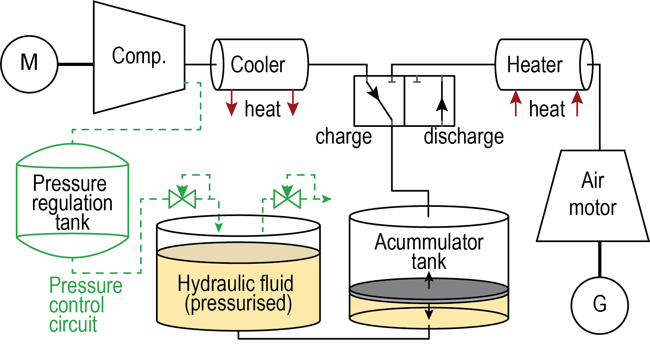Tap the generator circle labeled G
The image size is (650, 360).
(600, 305)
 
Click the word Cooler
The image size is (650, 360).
(258, 64)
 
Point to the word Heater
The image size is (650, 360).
(535, 64)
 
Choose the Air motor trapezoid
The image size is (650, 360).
(593, 196)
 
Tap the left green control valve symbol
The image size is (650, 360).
(182, 199)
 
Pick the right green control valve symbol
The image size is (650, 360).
(287, 199)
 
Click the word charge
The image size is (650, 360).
(343, 137)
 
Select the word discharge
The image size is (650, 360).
(463, 137)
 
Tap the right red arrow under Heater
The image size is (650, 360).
(577, 103)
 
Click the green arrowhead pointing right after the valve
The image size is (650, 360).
(327, 199)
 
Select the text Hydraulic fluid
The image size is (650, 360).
(236, 284)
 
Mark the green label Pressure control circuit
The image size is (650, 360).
(85, 305)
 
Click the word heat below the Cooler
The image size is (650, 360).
(262, 109)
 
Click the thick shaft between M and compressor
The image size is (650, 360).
(76, 64)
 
